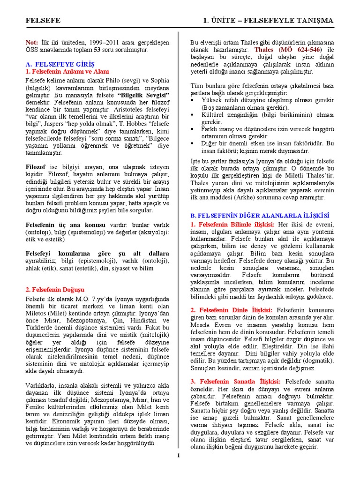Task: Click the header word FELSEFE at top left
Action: pos(41,21)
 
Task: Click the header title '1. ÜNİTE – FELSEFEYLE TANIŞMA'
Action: pos(268,21)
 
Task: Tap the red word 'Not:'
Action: pos(32,42)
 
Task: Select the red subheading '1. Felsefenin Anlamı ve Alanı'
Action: pos(67,72)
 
